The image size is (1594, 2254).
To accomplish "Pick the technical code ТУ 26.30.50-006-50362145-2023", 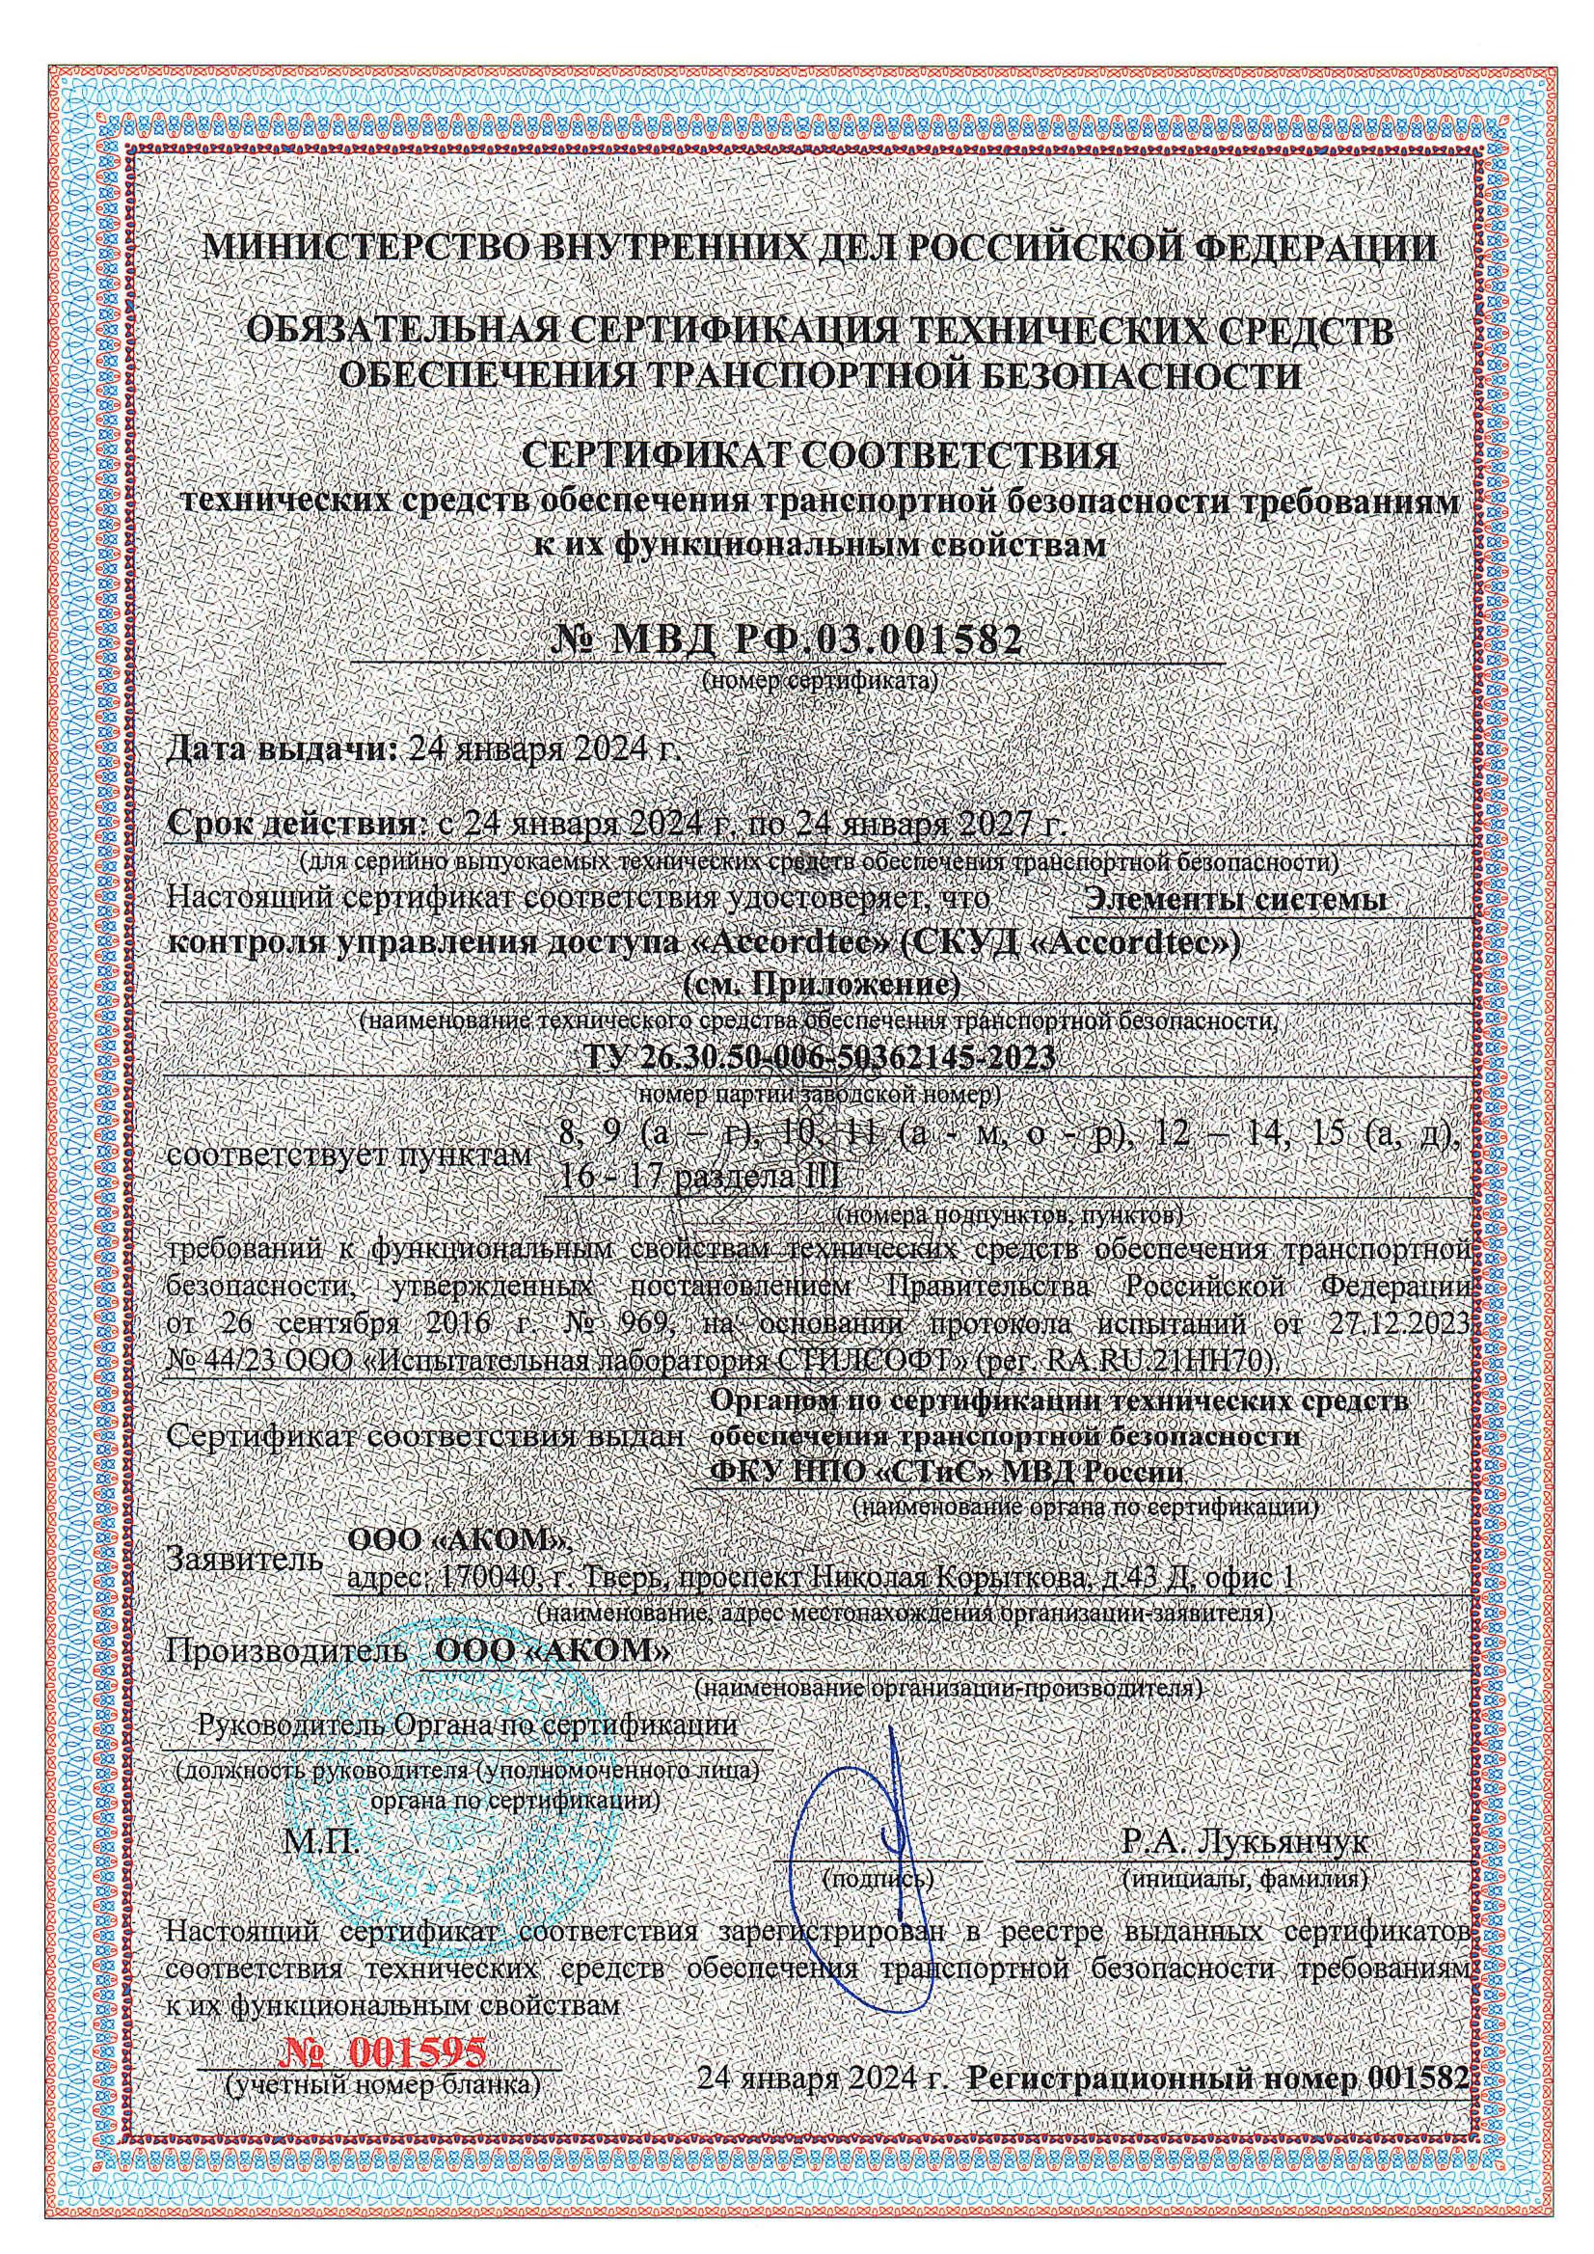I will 820,1058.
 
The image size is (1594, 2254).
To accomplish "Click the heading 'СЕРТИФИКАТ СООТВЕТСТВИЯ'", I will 821,457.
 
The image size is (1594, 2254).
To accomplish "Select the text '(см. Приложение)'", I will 820,983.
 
